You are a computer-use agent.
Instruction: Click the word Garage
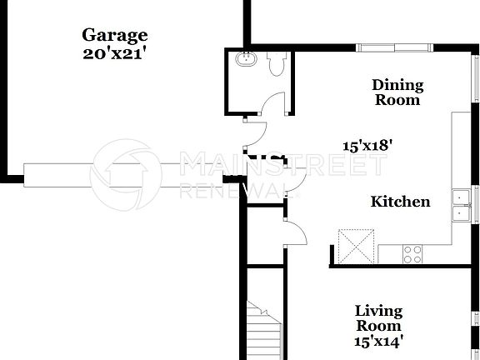click(x=115, y=35)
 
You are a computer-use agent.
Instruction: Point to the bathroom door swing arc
click(x=272, y=103)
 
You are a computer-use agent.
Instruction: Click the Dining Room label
click(x=397, y=92)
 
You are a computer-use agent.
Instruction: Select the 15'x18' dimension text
click(x=367, y=144)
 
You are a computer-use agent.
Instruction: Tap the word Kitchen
click(x=400, y=202)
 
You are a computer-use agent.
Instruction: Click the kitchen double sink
click(x=461, y=205)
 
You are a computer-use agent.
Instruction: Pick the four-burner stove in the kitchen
click(x=412, y=253)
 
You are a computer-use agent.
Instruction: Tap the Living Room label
click(x=379, y=318)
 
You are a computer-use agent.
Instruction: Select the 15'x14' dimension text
click(x=379, y=340)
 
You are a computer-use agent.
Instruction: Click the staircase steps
click(x=264, y=333)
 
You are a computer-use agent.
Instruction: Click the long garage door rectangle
click(x=125, y=173)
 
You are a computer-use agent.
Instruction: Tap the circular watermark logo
click(x=125, y=174)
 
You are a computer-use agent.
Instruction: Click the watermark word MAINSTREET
click(x=283, y=164)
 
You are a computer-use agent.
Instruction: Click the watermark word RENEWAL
click(x=233, y=191)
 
